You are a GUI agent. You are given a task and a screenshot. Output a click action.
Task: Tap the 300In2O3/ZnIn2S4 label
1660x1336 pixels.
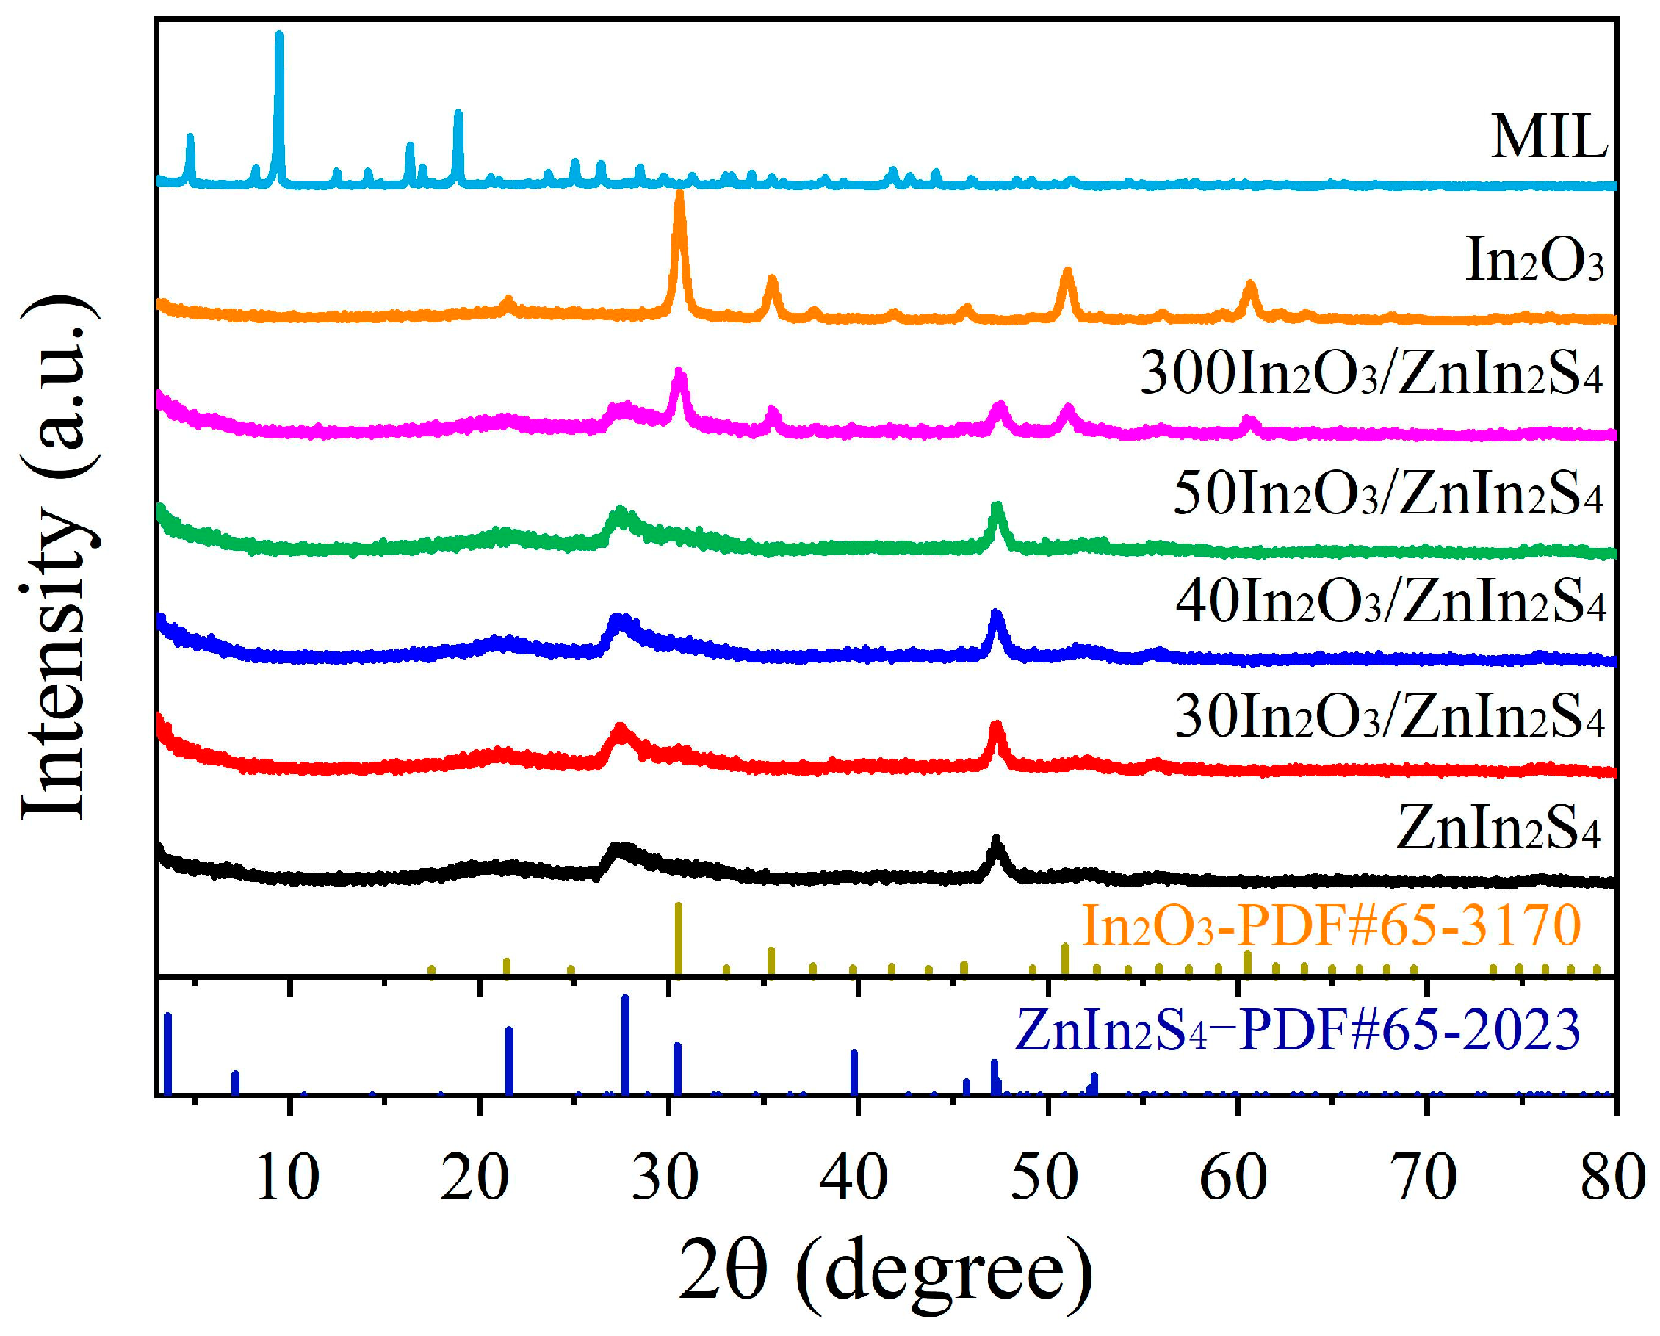click(x=1371, y=375)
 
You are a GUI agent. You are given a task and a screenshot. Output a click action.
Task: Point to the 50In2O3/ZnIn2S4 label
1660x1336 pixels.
click(x=1387, y=494)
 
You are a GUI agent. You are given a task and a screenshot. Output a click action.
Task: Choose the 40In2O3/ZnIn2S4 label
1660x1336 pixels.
click(x=1390, y=603)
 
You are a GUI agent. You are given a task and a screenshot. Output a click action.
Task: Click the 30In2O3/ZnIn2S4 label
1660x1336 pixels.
click(x=1389, y=718)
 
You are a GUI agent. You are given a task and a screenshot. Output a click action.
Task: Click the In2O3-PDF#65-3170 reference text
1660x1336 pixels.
click(x=1331, y=926)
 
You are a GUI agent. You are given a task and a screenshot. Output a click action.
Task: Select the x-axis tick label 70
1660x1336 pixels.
click(x=1426, y=1179)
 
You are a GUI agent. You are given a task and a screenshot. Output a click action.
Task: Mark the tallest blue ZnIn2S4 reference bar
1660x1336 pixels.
click(x=625, y=1044)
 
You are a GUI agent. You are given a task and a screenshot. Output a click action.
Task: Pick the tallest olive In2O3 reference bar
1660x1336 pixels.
click(x=678, y=939)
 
